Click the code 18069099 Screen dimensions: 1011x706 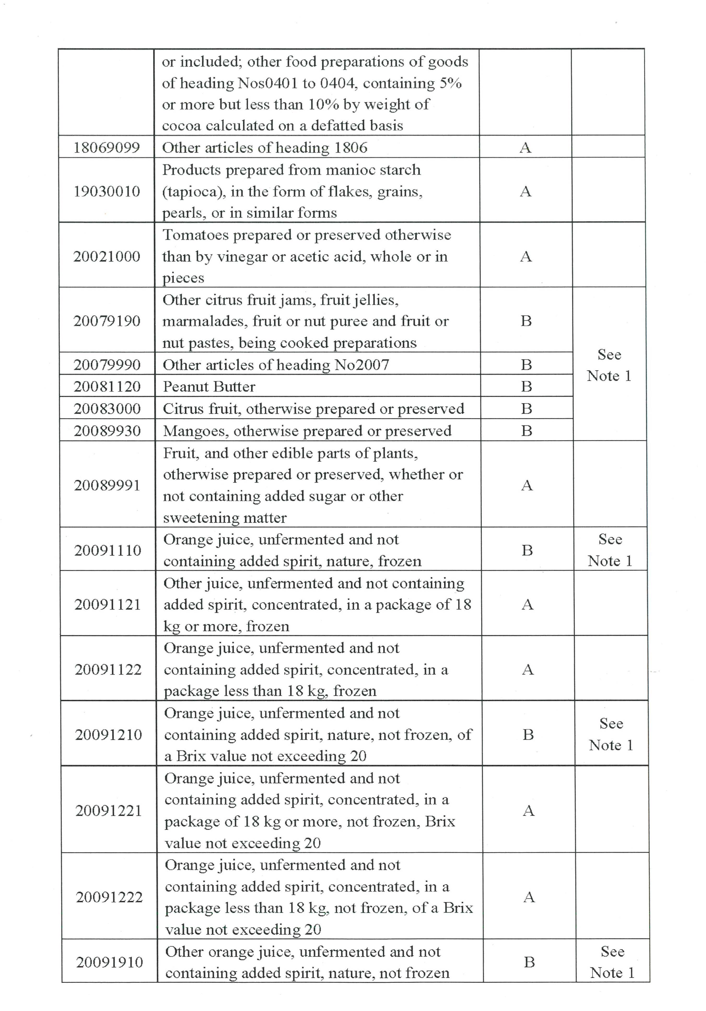coord(107,147)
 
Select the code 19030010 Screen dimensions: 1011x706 coord(107,191)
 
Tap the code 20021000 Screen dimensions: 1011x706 coord(107,256)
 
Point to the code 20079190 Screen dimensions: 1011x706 coord(107,321)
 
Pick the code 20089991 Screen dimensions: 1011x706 coord(107,485)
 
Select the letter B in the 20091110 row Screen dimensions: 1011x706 coord(527,550)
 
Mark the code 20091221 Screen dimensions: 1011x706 coord(108,811)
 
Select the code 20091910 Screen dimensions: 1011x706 coord(109,962)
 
